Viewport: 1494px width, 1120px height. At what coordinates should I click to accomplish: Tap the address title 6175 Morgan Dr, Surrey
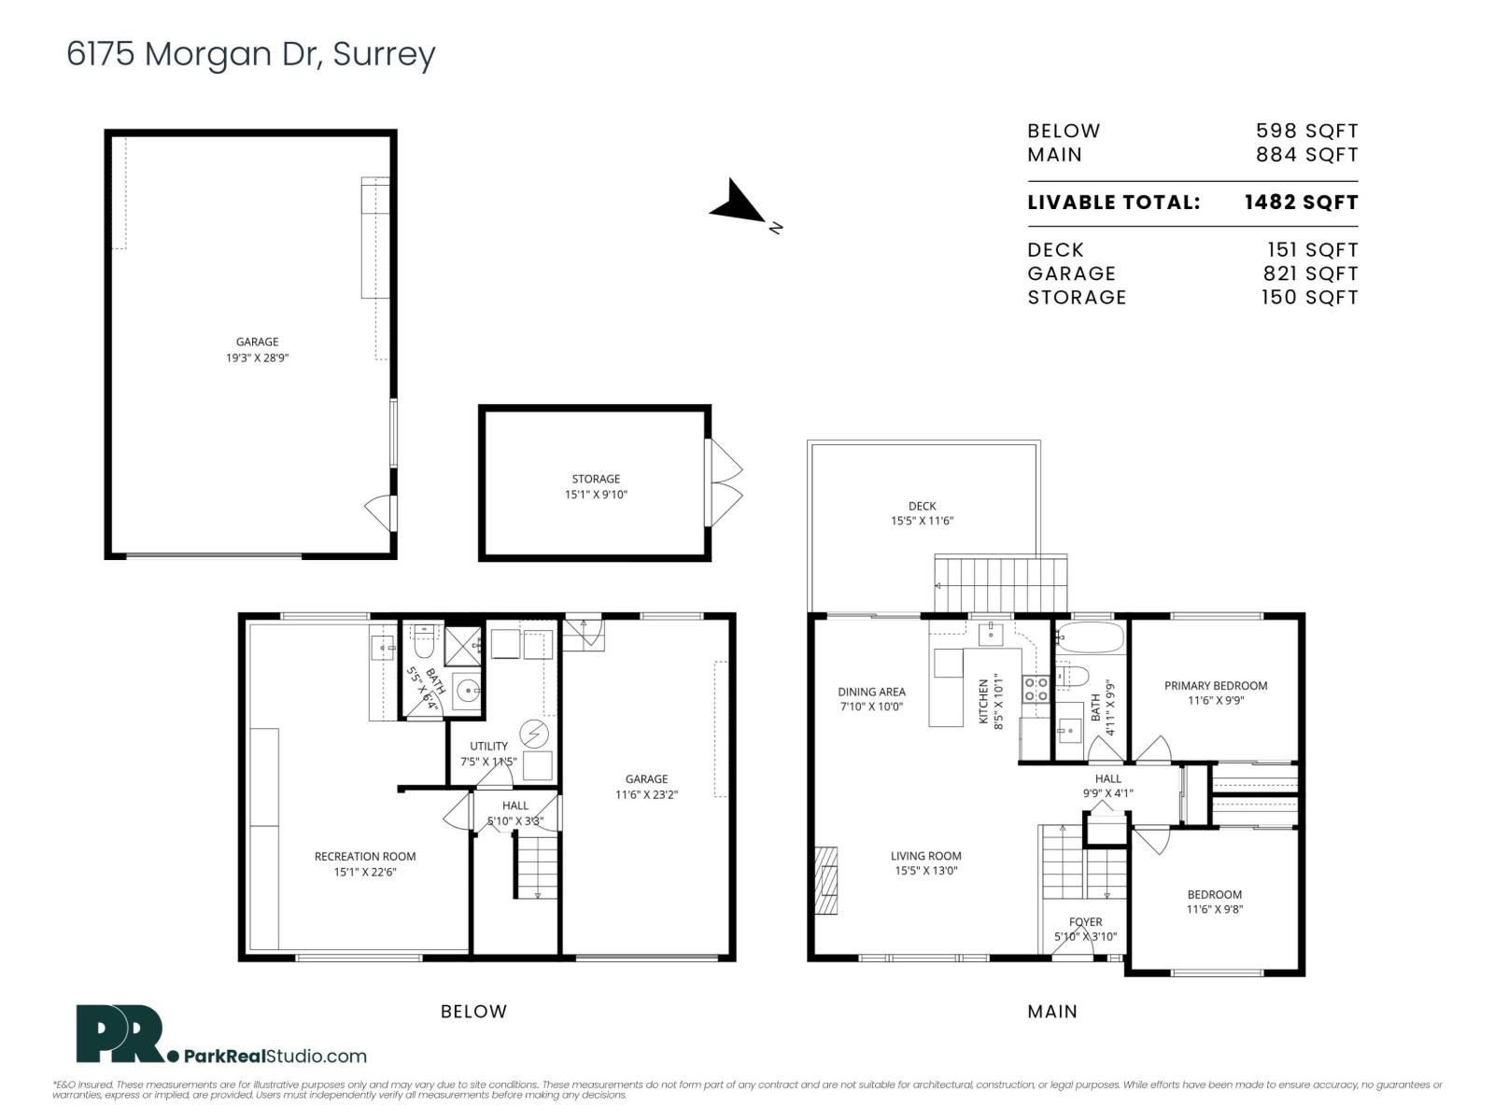250,54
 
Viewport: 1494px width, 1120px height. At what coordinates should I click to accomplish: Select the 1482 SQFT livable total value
1301,203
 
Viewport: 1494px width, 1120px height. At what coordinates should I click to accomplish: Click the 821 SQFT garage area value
1310,273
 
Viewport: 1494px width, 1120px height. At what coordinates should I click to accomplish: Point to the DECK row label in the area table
1055,250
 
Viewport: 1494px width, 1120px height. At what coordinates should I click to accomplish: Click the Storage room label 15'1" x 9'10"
596,486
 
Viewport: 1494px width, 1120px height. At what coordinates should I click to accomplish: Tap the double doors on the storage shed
726,483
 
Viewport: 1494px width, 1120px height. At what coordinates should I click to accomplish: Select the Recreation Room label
365,863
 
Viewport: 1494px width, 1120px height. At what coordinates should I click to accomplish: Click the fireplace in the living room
825,882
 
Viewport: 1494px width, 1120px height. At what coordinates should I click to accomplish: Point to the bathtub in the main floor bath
1091,639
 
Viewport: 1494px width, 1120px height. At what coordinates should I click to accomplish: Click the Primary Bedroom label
1216,693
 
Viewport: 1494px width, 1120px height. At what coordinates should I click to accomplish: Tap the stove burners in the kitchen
1036,690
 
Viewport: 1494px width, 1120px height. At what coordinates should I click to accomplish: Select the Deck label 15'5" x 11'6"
922,513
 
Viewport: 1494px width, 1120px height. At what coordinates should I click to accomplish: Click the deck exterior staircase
1001,583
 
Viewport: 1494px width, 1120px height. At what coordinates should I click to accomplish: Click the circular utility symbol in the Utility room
534,735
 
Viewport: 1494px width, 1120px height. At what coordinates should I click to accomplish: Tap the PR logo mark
119,1034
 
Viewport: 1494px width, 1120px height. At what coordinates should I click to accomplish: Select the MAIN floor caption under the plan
1052,1011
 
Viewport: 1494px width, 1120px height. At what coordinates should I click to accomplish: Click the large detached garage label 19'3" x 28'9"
257,349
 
